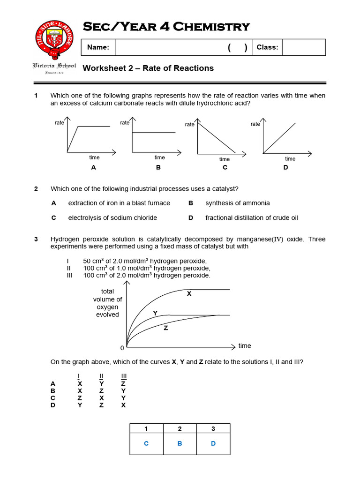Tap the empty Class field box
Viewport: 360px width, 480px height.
point(304,47)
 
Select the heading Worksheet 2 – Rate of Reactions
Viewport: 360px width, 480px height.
point(148,68)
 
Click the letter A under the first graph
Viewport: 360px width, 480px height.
point(93,167)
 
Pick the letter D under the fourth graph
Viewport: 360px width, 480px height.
point(286,167)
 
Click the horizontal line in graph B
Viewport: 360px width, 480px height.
point(155,133)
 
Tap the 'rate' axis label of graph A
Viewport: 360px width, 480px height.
point(60,123)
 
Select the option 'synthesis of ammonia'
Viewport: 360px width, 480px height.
point(237,203)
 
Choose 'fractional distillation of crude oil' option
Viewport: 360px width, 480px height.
point(251,217)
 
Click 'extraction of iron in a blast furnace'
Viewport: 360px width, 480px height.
point(119,203)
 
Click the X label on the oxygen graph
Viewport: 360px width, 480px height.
point(189,294)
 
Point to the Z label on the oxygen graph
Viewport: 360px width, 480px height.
point(165,329)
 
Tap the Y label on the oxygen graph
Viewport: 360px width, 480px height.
point(155,312)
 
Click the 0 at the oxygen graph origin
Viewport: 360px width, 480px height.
point(122,348)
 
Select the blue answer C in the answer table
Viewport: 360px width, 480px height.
point(146,443)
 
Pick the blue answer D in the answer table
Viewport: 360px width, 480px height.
point(213,443)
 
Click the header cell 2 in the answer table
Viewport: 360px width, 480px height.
point(180,428)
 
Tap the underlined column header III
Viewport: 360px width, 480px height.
point(124,376)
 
